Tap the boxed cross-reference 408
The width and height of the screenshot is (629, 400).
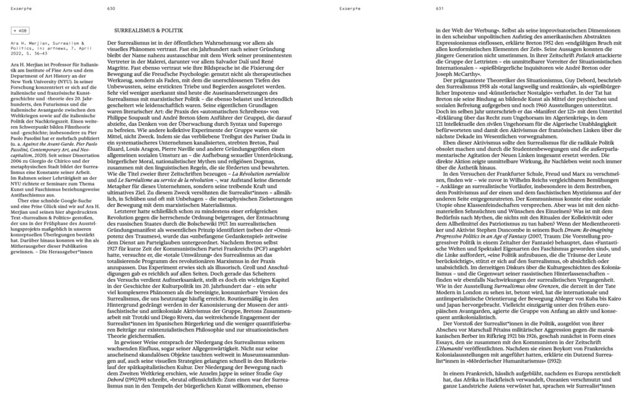[20, 30]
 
